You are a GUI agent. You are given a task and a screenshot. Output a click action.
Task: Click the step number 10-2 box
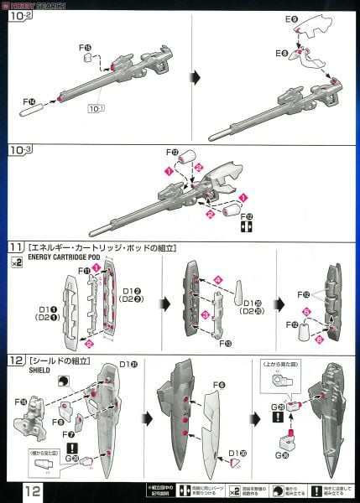[x=23, y=15]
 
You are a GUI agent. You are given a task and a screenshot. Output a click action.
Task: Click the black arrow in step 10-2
[x=194, y=77]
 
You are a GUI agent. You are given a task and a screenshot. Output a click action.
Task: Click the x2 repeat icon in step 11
[x=15, y=262]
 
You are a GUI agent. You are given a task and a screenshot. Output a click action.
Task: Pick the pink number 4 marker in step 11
[x=217, y=278]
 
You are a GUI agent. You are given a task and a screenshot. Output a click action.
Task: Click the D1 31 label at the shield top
[x=128, y=363]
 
